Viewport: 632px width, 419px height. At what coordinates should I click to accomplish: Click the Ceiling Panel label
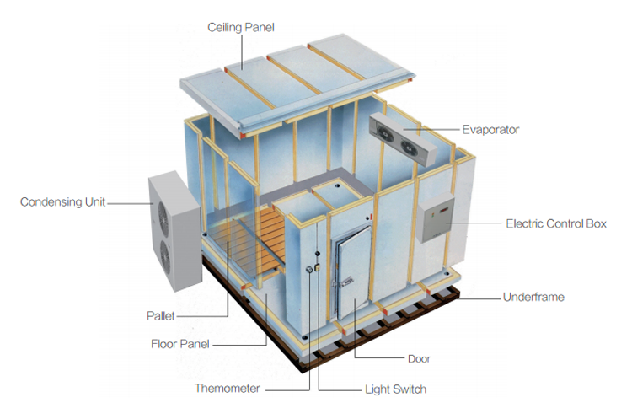click(241, 28)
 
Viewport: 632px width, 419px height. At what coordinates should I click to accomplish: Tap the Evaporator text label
click(490, 130)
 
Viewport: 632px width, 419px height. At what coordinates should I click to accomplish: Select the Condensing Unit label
click(62, 202)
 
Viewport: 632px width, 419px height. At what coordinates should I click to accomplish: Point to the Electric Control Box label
click(556, 223)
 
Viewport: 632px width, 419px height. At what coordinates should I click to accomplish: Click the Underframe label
click(533, 298)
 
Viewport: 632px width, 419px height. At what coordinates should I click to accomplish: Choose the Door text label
click(419, 359)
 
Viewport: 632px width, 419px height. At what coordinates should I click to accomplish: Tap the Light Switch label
click(396, 389)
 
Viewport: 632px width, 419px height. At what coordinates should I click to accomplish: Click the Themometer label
click(228, 389)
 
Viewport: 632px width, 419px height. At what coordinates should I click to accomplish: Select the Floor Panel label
click(180, 344)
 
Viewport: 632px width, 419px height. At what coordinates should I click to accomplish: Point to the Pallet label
click(161, 316)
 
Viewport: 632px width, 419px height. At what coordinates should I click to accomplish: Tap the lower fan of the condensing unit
click(165, 257)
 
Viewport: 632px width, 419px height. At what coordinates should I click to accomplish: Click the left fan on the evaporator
click(386, 133)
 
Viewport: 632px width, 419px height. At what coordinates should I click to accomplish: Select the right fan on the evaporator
click(409, 148)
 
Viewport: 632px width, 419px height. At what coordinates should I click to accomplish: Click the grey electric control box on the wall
click(435, 218)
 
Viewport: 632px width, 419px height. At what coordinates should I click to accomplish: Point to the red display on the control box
click(444, 210)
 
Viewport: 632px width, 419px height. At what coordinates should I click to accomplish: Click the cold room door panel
click(353, 273)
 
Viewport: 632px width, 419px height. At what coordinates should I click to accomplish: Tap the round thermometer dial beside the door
click(309, 270)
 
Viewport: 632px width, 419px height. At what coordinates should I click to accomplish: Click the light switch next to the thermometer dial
click(318, 266)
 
